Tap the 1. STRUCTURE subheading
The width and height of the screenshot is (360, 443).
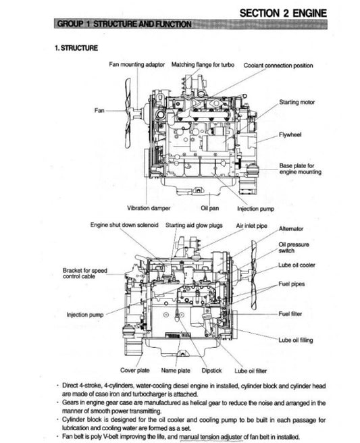tap(76, 48)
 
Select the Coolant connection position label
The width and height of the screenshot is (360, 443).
tap(278, 66)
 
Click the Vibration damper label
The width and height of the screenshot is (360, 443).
tap(149, 208)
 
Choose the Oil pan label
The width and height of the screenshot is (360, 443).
tap(209, 208)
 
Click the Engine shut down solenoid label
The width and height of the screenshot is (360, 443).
tap(124, 224)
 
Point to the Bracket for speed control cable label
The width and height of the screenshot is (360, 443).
tap(84, 273)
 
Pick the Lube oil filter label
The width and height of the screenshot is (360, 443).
tap(250, 370)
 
